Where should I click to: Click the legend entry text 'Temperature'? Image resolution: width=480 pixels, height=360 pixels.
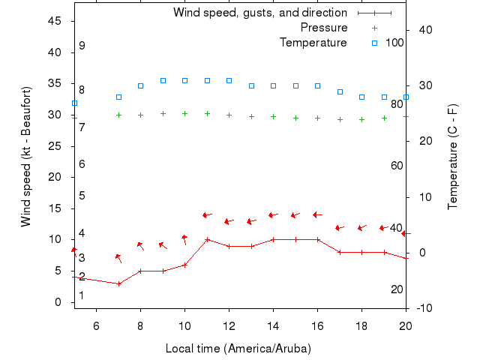313,43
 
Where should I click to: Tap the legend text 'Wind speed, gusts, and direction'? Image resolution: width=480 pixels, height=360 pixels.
259,13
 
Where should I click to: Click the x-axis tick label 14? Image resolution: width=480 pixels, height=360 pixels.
274,325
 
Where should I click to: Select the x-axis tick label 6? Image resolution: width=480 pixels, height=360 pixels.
96,325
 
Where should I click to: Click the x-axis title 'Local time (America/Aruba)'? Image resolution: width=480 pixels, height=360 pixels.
238,349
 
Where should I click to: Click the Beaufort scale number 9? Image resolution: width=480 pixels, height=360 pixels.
82,46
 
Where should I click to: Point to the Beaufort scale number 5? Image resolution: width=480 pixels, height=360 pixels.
82,196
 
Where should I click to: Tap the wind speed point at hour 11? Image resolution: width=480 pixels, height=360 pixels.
207,239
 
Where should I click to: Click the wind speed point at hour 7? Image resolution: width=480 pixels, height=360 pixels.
118,283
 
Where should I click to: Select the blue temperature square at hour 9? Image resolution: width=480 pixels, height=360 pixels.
163,80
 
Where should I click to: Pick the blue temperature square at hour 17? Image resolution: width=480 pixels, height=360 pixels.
340,91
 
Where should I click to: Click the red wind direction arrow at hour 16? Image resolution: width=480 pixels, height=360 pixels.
317,214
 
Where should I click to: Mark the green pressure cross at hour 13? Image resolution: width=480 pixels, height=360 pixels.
251,116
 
